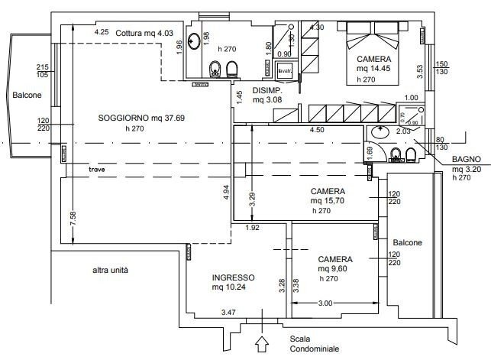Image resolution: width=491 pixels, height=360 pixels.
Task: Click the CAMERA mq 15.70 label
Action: (328, 196)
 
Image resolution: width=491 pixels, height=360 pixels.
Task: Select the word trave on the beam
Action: (96, 169)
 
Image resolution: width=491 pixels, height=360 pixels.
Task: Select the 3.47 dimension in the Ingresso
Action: (228, 313)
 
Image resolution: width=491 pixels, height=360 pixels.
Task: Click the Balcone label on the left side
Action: (25, 96)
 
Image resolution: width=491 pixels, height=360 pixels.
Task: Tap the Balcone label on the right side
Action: (408, 243)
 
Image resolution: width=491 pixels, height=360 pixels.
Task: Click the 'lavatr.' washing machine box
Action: (285, 73)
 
